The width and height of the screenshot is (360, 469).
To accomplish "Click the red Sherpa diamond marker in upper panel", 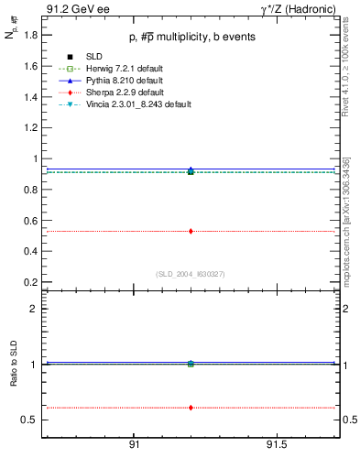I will click(191, 231).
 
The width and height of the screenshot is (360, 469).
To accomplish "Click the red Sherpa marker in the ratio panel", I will click(191, 407).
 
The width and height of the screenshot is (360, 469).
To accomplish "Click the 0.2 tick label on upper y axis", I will click(30, 281).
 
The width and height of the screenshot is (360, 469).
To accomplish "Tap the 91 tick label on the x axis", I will click(134, 444).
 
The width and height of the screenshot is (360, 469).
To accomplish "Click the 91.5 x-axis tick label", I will click(276, 444).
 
